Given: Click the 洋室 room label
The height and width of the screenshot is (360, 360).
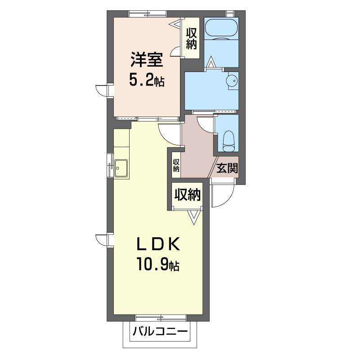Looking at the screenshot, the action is point(147,60).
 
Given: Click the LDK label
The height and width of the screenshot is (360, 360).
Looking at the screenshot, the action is point(158,244).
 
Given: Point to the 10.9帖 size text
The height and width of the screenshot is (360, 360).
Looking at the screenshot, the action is point(158,264).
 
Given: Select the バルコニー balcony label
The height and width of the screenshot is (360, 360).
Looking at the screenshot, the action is point(160,332).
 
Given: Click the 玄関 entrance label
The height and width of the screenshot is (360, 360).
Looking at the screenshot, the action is point(227,167).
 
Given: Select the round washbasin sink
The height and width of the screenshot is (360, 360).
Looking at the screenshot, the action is point(231,81).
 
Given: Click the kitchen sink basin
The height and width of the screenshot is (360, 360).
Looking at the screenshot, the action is point(121,168).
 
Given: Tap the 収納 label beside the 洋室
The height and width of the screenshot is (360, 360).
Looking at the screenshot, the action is point(191,38).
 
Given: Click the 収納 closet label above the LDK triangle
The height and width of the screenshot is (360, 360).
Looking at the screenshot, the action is point(188,195).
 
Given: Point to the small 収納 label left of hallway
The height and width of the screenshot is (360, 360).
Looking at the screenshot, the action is point(176,165).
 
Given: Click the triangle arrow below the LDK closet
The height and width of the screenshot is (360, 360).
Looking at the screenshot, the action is point(194,217).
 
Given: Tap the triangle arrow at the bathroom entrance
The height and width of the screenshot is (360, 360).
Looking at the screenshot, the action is point(211,62).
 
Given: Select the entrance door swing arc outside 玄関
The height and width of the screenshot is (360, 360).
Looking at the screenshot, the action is point(228,200).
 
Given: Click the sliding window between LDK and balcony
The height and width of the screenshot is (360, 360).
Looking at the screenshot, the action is point(161,318).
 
